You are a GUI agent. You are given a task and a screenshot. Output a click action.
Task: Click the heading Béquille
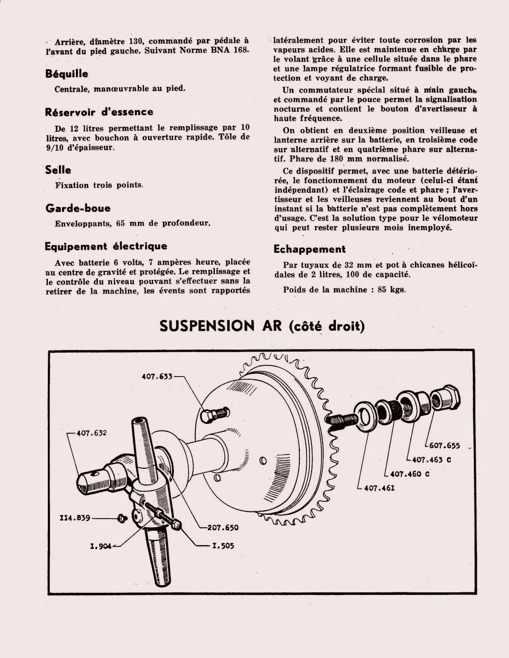click(66, 74)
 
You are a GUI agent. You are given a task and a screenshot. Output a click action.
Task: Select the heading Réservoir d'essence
click(99, 112)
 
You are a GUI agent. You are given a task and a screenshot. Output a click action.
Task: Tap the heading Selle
click(58, 170)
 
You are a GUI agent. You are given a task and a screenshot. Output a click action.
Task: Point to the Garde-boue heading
click(77, 208)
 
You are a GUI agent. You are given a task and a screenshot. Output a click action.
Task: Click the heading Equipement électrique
click(106, 246)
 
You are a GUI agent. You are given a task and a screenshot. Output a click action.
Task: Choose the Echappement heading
click(309, 249)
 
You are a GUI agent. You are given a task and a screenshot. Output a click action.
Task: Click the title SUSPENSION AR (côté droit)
click(262, 326)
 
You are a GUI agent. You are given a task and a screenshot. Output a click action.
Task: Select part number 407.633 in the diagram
click(157, 377)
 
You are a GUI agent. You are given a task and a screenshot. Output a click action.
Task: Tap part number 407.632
click(92, 433)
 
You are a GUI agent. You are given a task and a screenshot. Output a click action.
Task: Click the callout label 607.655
click(444, 446)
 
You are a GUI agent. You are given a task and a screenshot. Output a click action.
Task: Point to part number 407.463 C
click(431, 460)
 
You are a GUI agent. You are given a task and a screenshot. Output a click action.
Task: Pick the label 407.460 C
click(410, 474)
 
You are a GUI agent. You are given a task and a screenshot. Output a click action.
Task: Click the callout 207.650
click(223, 528)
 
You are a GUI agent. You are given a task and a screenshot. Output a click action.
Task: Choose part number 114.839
click(75, 518)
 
